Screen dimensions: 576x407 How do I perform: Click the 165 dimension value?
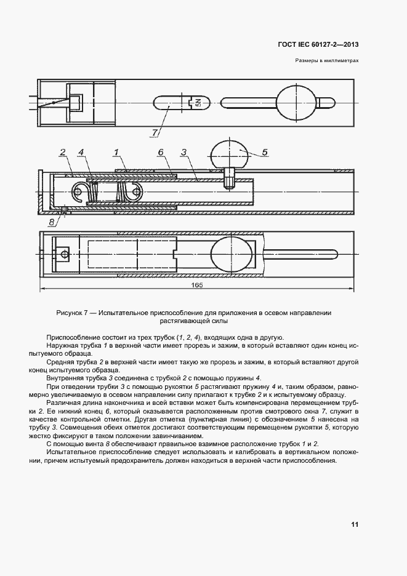point(197,286)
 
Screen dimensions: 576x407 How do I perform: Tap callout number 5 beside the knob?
point(264,151)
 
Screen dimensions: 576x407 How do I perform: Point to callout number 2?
point(63,152)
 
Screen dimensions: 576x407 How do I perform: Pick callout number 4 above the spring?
point(81,152)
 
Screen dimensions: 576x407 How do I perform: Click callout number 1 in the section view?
point(116,152)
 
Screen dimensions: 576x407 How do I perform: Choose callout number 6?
point(160,152)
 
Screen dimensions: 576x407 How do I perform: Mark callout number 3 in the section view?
point(183,152)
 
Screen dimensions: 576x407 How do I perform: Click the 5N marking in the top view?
point(198,103)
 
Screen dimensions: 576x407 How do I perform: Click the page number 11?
point(355,524)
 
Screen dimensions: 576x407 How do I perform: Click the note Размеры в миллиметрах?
point(327,61)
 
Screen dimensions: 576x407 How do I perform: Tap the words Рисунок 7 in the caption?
point(73,313)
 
